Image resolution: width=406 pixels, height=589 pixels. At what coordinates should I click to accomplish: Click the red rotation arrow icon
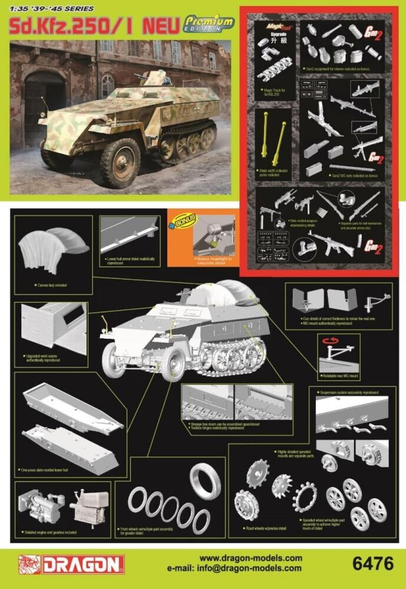pyautogui.click(x=329, y=342)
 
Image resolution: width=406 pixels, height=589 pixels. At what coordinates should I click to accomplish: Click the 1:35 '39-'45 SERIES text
pyautogui.click(x=45, y=6)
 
